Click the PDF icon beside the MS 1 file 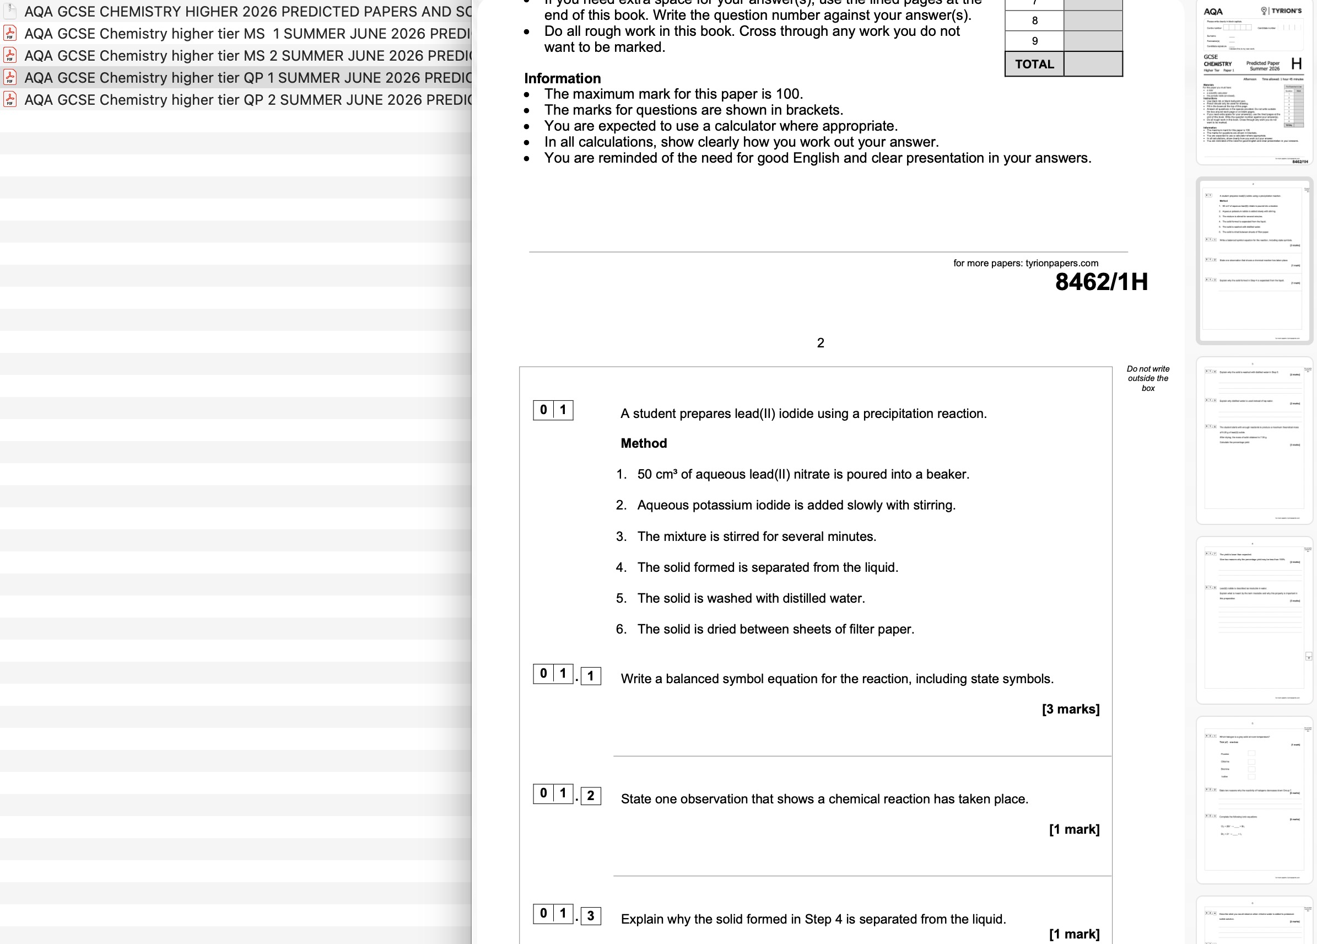(10, 34)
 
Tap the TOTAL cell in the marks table (1034, 64)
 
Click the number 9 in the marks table (1034, 41)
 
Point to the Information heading (562, 78)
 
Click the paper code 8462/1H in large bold (1101, 282)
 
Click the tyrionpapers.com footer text (1025, 263)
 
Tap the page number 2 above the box (820, 343)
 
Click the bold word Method (644, 443)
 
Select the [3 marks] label (1070, 709)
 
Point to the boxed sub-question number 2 (591, 795)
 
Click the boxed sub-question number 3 (591, 915)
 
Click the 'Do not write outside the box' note (1147, 378)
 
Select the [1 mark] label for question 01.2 (1073, 829)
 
